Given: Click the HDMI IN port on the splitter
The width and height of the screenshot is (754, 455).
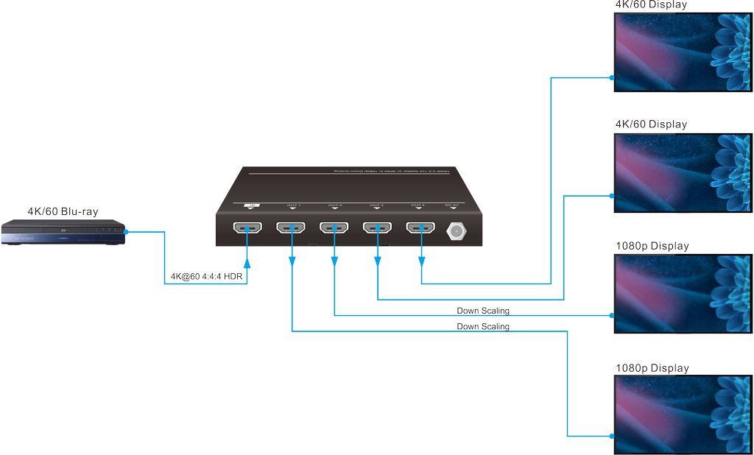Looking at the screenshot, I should click(249, 228).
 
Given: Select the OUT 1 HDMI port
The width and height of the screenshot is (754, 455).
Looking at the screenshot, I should click(292, 228).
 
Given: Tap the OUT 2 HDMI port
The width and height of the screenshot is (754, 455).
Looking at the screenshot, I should click(334, 228).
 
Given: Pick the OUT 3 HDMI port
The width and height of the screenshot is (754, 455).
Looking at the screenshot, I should click(377, 228).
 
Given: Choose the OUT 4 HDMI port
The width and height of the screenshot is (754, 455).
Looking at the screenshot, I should click(420, 228).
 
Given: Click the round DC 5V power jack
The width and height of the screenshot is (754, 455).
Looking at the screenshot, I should click(457, 230).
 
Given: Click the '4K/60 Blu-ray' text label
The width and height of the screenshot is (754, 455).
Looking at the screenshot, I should click(63, 211).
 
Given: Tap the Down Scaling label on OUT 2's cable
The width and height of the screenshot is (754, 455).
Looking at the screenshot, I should click(483, 311).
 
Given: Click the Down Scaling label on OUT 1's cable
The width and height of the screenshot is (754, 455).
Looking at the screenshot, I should click(483, 326).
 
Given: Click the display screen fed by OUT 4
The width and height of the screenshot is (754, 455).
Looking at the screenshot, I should click(683, 51).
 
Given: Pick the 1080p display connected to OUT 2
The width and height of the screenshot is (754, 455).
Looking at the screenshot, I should click(683, 294).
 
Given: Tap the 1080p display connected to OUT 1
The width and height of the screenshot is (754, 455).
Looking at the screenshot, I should click(683, 415).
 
